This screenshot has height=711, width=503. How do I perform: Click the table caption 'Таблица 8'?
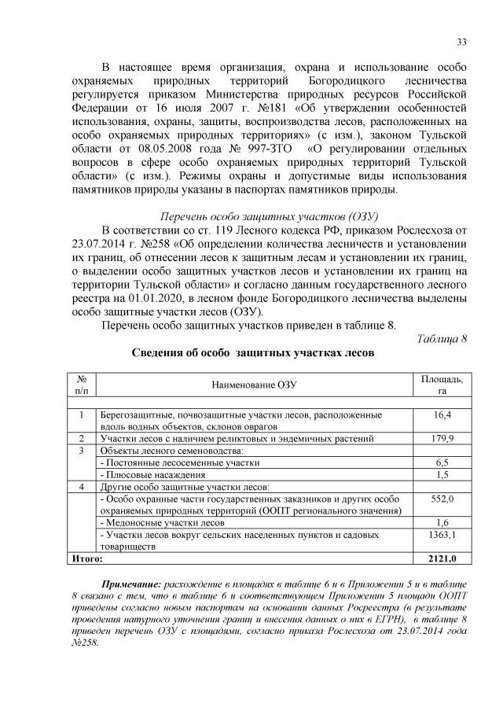[x=441, y=339]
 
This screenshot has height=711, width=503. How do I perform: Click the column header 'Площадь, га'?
[x=442, y=385]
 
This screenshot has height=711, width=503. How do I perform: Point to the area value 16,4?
[x=442, y=414]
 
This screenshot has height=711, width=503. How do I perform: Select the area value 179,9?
[x=442, y=438]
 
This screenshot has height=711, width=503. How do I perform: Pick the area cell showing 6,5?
[x=442, y=462]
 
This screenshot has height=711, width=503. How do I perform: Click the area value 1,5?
[x=442, y=474]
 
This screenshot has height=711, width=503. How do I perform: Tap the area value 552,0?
[x=442, y=499]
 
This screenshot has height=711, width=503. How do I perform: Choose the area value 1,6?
[x=442, y=522]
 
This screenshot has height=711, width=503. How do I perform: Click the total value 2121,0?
[x=442, y=558]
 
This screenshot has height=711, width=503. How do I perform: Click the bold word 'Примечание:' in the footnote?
[x=130, y=586]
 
